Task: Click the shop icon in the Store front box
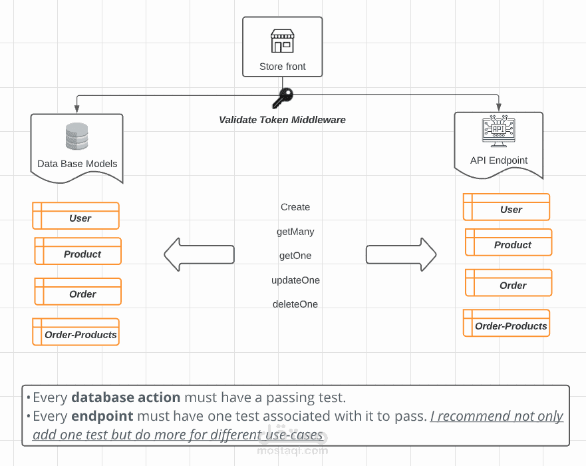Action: (x=282, y=41)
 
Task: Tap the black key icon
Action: (x=282, y=98)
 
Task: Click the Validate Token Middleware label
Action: (x=282, y=120)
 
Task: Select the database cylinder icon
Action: (x=76, y=136)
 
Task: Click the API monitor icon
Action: (x=498, y=131)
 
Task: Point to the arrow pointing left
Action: (x=199, y=254)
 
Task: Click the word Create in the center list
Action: (x=295, y=207)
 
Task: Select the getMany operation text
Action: (x=295, y=232)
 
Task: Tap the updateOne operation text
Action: (x=295, y=280)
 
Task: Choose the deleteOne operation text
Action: (x=295, y=304)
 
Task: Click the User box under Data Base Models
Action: (x=76, y=216)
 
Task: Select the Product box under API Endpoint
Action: (x=509, y=243)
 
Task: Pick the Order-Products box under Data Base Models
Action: (x=76, y=332)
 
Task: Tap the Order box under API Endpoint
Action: (x=509, y=283)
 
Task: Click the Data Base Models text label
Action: (x=77, y=164)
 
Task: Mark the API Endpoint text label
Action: (x=499, y=160)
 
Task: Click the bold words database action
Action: (x=126, y=397)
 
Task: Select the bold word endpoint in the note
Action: (x=102, y=416)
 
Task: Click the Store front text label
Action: (x=283, y=67)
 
